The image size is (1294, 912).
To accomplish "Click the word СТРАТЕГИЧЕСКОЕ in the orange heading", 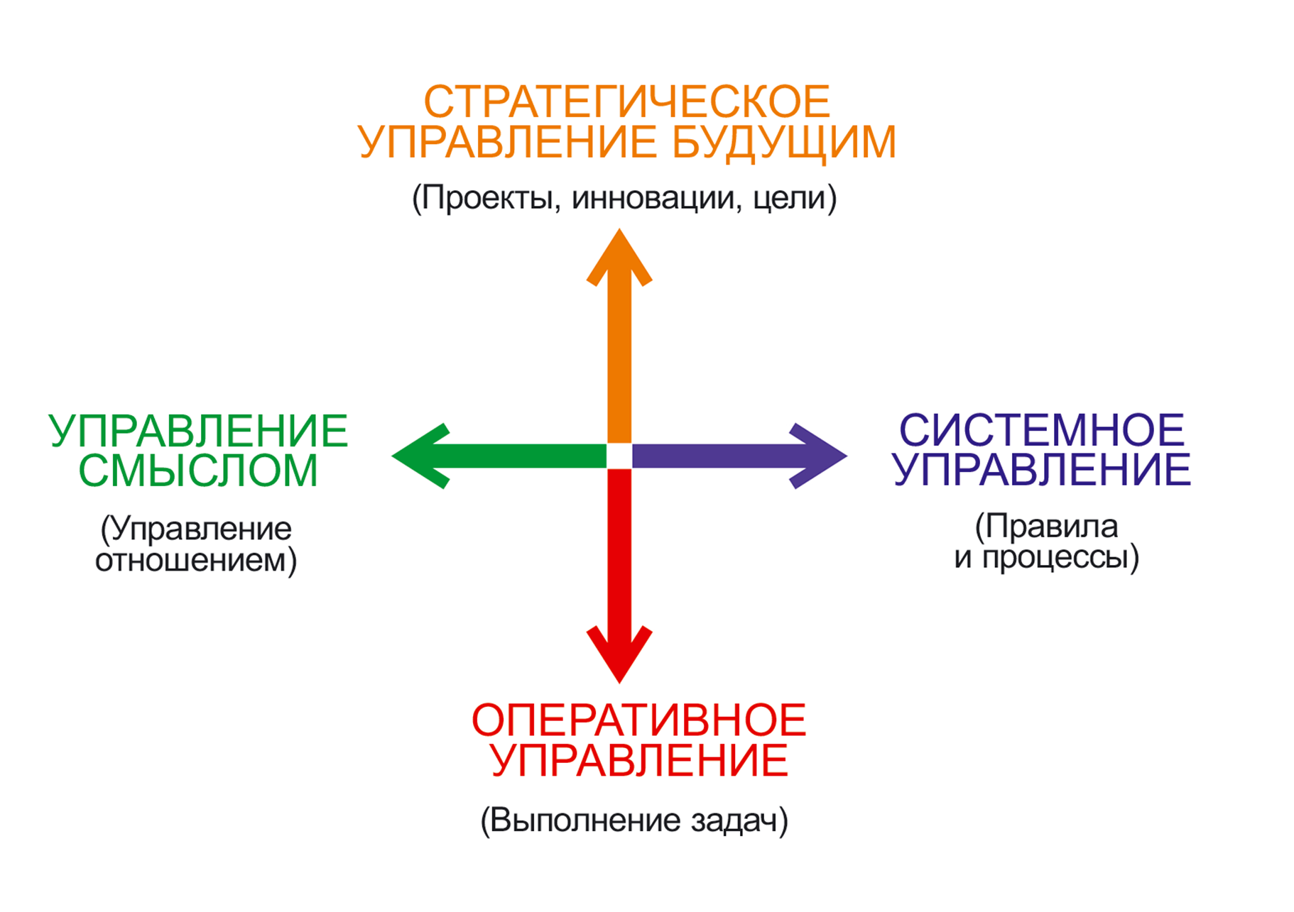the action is pos(626,101).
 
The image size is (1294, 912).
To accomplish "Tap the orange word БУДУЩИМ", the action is pos(783,142).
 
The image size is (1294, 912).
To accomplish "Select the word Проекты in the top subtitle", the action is pos(487,198).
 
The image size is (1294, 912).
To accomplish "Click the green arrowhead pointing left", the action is pos(419,456).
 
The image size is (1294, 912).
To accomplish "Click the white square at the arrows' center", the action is pos(619,456).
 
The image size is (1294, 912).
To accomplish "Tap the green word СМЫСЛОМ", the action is pos(198,471).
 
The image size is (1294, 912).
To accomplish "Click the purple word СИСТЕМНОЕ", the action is pos(1041,430).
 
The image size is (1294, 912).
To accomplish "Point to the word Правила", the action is pos(1051,527).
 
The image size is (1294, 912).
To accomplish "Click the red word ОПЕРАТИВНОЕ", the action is pos(638,720).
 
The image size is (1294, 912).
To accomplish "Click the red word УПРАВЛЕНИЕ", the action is pos(638,761).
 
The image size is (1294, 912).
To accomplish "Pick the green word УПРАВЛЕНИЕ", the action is pos(198,431).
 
